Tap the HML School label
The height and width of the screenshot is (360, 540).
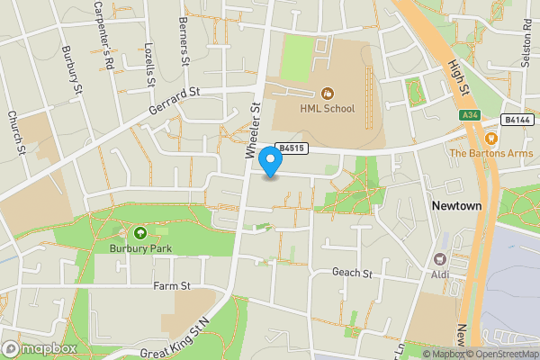point(327,109)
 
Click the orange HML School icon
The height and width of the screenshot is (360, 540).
point(328,93)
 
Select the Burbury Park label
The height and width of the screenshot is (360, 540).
point(139,248)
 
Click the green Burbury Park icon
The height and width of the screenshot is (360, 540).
point(139,233)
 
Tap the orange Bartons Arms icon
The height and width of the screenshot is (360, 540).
point(491,139)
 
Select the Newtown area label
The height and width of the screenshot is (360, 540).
point(456,206)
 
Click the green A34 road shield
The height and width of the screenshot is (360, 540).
point(467,115)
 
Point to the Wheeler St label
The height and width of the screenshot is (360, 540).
point(253,131)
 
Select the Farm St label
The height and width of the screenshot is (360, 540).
point(173,286)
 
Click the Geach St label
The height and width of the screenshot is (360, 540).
point(352,273)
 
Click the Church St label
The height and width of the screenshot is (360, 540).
point(15,130)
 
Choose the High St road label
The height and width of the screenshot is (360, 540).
point(458,77)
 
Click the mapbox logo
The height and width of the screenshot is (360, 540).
point(39,348)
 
